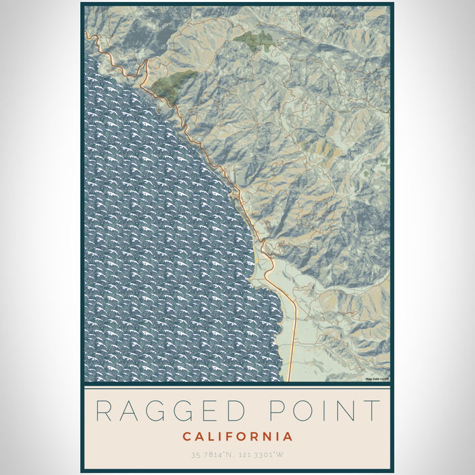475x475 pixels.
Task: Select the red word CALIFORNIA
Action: (x=237, y=436)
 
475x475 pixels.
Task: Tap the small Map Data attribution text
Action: (x=377, y=379)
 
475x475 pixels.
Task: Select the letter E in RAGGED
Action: (x=212, y=412)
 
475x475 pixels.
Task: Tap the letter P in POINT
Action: (x=274, y=412)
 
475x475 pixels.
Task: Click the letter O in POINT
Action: (x=301, y=412)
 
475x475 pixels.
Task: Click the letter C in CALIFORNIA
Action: (x=186, y=436)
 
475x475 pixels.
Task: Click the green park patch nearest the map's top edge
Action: (x=255, y=39)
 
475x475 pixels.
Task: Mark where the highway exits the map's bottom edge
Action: (x=290, y=381)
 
